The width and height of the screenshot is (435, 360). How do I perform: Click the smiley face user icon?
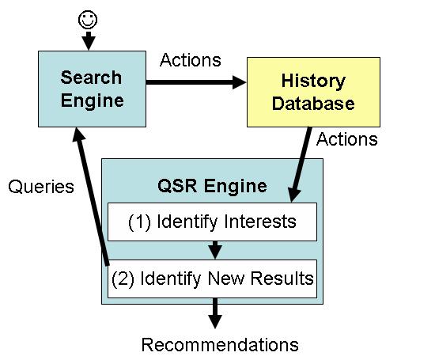coord(88,17)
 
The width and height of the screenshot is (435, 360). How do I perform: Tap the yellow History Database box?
coord(313,93)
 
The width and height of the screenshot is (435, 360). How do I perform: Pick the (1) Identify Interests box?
coord(212,222)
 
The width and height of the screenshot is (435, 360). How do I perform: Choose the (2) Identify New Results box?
coord(212,279)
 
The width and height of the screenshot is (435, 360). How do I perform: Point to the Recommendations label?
coord(219,344)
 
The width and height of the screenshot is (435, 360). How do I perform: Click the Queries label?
coord(41,187)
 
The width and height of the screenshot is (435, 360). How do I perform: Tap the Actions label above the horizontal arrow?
coord(190,60)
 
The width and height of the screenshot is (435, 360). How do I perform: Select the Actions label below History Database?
coord(346,139)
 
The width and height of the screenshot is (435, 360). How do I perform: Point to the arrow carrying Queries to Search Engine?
coord(92,198)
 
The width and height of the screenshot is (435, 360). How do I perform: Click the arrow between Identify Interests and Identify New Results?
coord(213,250)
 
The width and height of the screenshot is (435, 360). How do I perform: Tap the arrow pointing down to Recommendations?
coord(213,315)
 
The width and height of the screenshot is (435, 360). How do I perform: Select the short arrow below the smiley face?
coord(88,39)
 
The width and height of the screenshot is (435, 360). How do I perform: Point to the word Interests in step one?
coord(261,222)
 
